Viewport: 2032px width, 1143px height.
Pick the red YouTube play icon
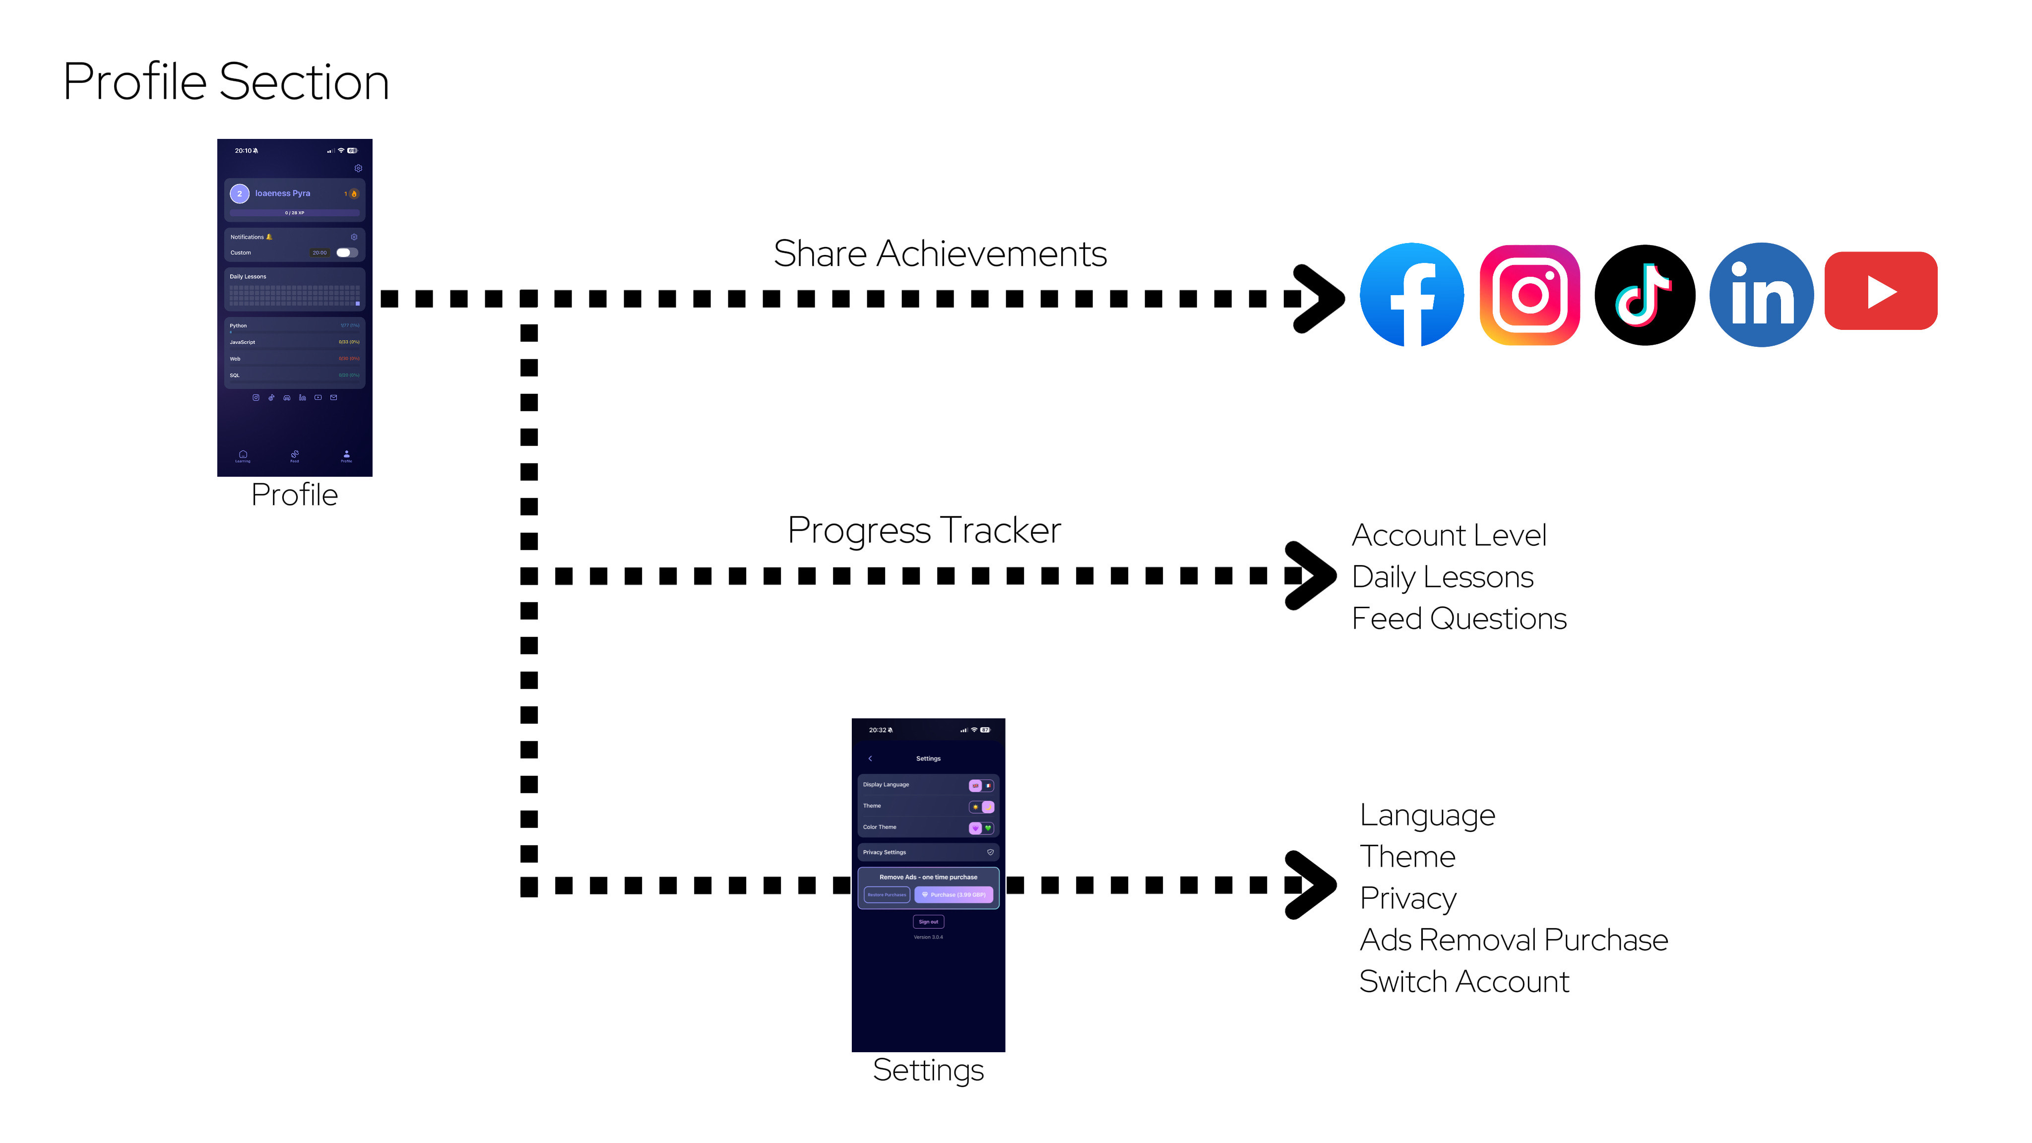1881,291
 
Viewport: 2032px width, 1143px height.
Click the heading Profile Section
226,81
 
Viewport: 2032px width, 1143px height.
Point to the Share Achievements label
940,254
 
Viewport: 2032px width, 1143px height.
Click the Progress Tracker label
924,530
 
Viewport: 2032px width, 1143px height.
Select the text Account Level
1448,536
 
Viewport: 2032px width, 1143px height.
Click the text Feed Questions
1459,619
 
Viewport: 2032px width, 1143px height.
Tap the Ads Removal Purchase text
1513,940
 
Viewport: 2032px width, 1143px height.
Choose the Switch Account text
1463,982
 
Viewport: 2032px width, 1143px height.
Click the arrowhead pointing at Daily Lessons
1310,576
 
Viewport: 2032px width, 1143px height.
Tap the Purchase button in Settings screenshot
953,894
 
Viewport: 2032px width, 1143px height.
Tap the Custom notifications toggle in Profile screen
346,253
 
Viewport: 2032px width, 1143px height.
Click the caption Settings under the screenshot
928,1071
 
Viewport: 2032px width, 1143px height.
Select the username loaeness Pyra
282,193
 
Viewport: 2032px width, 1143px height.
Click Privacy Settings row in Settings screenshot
928,852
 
